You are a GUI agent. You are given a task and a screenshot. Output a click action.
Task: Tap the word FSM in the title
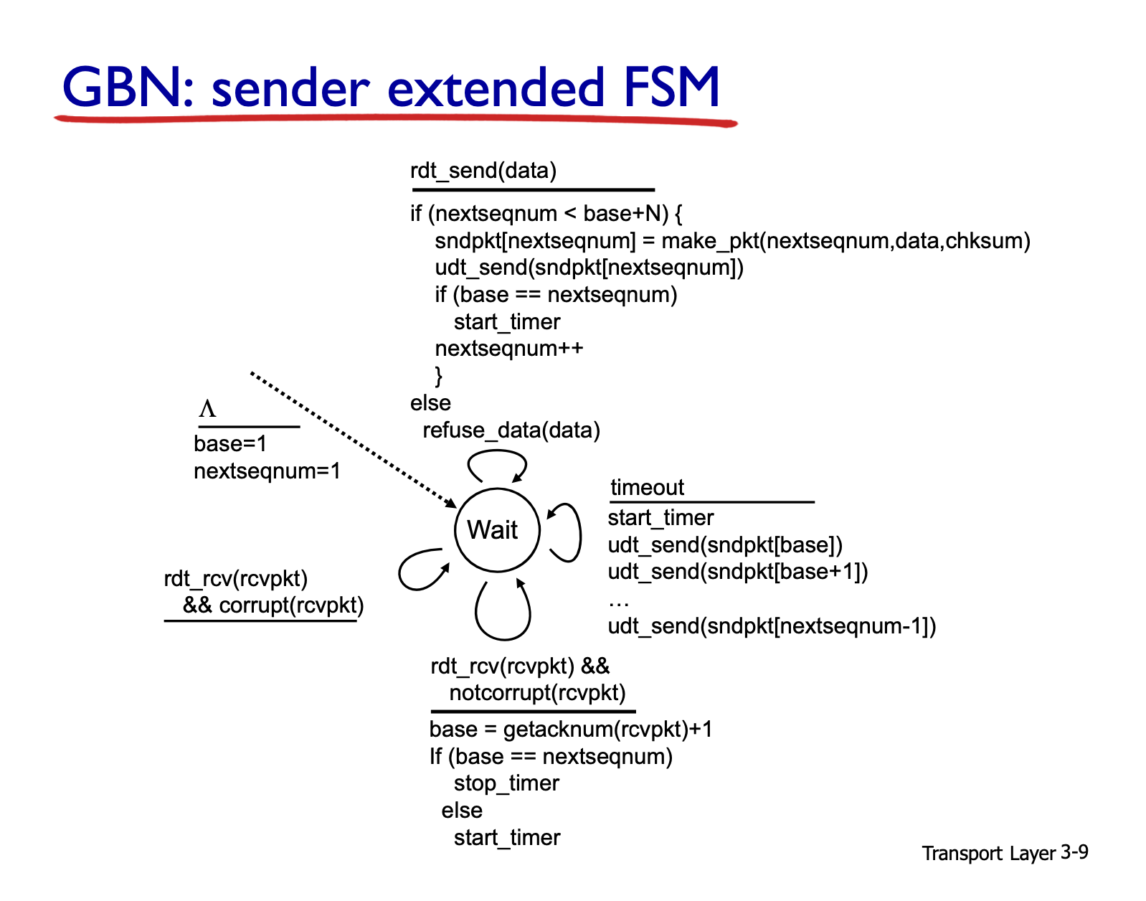click(671, 87)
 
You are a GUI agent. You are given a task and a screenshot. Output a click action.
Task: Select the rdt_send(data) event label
click(483, 171)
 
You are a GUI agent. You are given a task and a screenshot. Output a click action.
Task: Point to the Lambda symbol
click(207, 409)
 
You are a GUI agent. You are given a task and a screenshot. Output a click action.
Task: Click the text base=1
click(230, 443)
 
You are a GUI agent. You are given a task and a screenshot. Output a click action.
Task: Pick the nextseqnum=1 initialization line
click(267, 471)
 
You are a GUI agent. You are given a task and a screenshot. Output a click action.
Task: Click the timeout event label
click(647, 487)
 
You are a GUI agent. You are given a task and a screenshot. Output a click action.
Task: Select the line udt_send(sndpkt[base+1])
click(738, 572)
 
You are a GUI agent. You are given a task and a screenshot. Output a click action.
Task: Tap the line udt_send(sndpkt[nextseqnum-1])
click(772, 626)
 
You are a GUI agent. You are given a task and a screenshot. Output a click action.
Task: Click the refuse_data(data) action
click(511, 430)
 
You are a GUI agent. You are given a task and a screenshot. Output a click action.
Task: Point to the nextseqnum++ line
click(509, 349)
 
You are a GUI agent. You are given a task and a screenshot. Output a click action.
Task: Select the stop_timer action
click(506, 783)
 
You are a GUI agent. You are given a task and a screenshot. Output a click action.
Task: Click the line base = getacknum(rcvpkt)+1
click(571, 730)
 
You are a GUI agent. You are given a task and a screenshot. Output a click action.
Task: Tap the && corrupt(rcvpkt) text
click(273, 605)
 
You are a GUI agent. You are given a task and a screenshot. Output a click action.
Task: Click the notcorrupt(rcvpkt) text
click(537, 693)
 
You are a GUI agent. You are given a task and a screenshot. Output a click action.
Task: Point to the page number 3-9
click(1074, 852)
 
